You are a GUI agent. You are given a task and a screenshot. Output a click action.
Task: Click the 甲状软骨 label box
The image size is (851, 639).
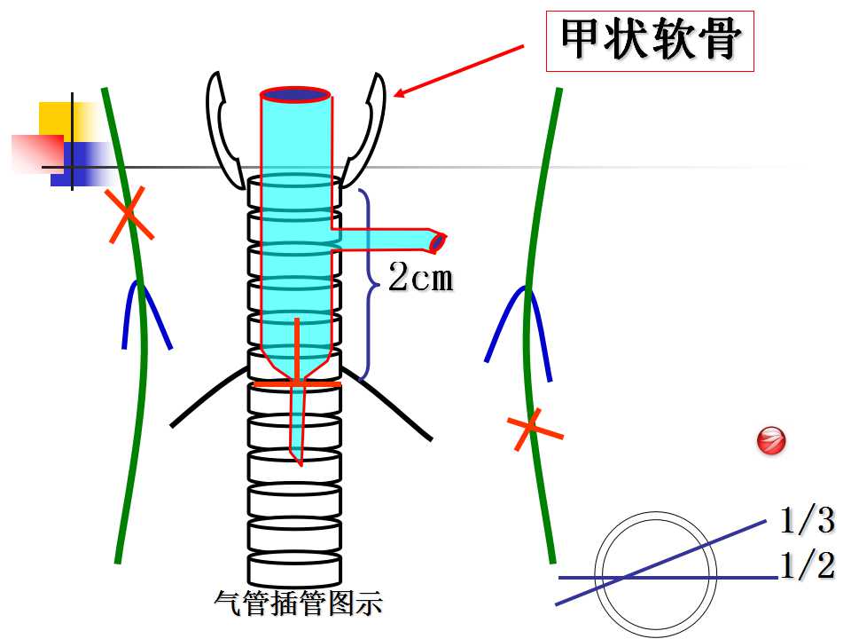pos(650,41)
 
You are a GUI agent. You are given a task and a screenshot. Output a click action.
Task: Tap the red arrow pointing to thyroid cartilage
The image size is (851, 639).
pos(458,71)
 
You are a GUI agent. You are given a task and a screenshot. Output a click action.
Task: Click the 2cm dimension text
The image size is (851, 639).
pos(421,277)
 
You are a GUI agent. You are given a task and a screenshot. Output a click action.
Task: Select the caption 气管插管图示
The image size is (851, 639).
pos(299,603)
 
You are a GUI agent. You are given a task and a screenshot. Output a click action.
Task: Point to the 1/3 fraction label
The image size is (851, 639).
pos(807,520)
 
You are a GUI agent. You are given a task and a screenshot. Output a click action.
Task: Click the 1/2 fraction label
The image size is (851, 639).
pos(807,565)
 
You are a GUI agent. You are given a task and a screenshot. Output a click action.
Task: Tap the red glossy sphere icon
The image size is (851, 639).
pos(771,440)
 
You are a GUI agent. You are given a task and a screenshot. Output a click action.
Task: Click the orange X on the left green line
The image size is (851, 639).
pos(129,215)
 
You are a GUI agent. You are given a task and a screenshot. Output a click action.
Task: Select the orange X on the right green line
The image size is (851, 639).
pos(533,429)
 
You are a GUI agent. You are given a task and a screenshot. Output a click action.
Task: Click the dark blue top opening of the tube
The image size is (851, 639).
pos(295,95)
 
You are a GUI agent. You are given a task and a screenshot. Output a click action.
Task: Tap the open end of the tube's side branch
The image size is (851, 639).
pos(437,241)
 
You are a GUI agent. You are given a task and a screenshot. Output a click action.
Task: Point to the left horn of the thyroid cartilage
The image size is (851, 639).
pos(223,130)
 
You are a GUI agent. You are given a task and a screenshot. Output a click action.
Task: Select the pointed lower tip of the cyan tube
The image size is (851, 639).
pos(300,463)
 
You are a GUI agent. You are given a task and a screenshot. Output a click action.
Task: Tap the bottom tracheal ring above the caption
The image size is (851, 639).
pos(294,570)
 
